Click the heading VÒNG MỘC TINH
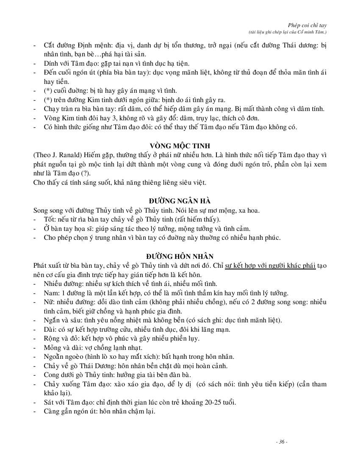coord(180,145)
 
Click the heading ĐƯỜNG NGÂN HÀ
coord(180,200)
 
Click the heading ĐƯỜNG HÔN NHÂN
coord(180,256)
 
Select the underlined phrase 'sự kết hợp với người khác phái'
coord(270,265)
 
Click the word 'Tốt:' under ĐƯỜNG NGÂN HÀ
coord(51,219)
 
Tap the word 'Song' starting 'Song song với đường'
coord(42,210)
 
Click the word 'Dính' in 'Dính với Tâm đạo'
coord(51,63)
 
